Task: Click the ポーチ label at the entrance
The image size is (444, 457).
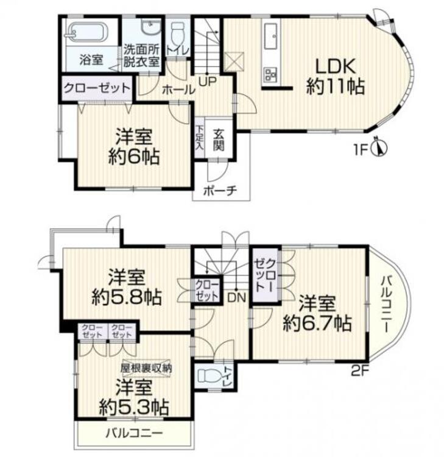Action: click(222, 191)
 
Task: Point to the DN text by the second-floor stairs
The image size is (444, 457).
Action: click(236, 297)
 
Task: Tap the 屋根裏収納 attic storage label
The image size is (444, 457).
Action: click(146, 367)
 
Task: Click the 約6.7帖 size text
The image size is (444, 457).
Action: click(317, 323)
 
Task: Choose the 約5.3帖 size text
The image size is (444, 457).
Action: click(134, 405)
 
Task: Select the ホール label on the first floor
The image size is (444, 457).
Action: click(178, 90)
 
